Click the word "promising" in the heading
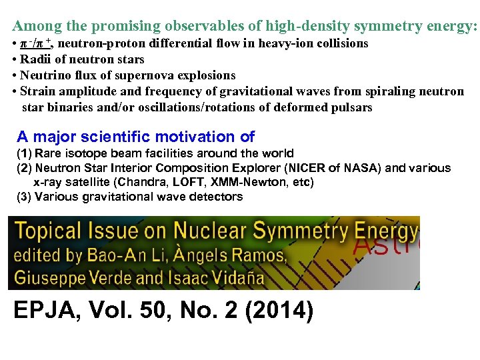125,27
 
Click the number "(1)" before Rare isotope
25,154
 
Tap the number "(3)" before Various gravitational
25,197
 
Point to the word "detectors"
217,197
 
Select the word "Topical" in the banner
45,231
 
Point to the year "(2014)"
280,311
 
